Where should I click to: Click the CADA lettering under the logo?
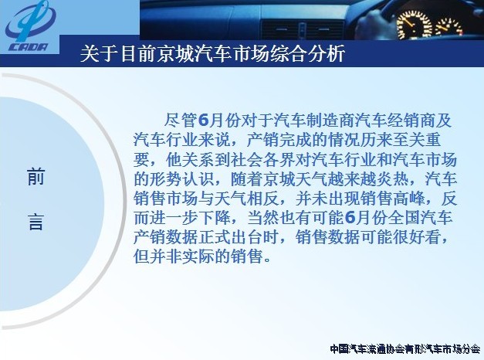29,47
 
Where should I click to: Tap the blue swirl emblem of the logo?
30,21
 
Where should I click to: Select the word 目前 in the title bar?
138,53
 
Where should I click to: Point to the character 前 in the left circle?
36,177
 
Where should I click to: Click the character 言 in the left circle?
36,222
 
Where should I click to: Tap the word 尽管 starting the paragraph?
181,121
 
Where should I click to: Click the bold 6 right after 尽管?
203,121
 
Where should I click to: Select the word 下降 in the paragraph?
215,218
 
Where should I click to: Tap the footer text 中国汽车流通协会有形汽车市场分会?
405,349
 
